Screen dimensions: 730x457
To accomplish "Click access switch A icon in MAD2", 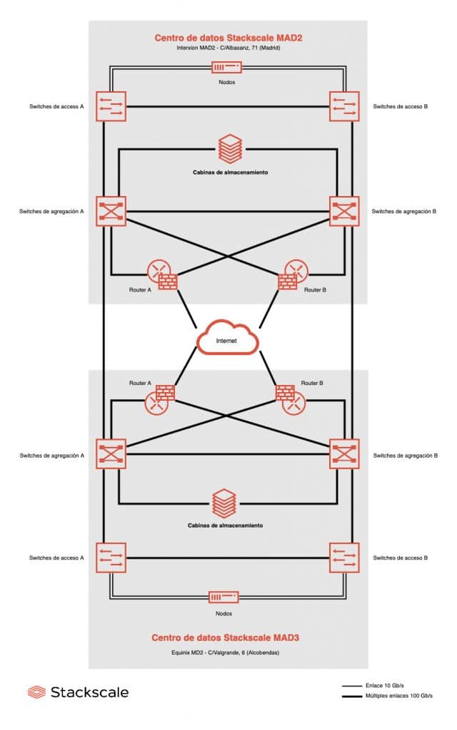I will [111, 106].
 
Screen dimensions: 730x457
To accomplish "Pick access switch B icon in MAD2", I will [344, 106].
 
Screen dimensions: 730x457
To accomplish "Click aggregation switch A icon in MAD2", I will [111, 211].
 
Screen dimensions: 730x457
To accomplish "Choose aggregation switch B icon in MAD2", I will [344, 211].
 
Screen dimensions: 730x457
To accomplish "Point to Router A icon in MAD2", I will [161, 273].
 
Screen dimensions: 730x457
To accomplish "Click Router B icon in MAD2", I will [293, 273].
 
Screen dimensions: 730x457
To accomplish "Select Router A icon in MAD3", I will [161, 399].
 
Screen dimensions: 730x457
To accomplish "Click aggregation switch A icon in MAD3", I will [111, 453].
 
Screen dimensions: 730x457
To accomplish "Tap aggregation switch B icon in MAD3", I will [344, 453].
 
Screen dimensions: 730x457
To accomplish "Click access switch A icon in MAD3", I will [111, 557].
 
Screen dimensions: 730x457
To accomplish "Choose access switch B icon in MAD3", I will [344, 557].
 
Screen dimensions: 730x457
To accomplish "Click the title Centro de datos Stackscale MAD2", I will [228, 37].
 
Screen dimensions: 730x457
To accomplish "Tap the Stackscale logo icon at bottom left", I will [36, 692].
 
